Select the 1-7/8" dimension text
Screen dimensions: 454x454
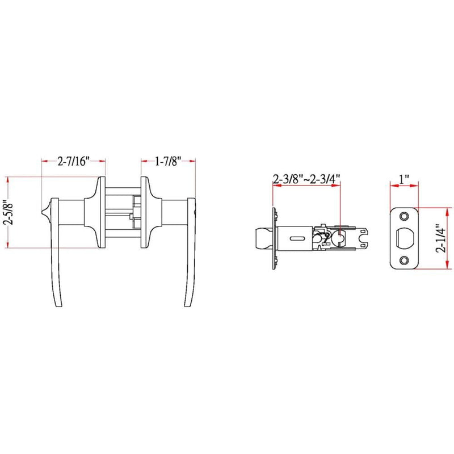168,161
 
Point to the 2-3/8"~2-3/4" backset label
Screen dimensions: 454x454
306,179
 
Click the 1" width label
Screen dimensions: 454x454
404,179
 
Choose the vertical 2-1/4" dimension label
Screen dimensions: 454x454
442,238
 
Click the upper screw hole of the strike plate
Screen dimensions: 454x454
404,216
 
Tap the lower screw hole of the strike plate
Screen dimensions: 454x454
404,260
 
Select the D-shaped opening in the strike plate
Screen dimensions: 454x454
403,238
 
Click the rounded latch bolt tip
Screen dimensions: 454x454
263,238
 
